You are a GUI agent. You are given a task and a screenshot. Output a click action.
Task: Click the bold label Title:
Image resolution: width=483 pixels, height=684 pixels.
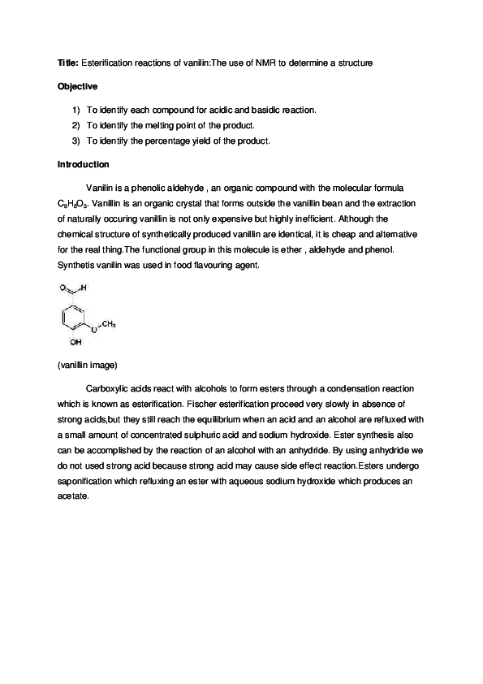pos(68,62)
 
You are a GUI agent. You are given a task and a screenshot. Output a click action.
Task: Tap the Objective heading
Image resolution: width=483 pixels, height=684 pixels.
pos(78,85)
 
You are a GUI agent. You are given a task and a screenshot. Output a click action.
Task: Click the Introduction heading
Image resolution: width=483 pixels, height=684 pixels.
pos(83,164)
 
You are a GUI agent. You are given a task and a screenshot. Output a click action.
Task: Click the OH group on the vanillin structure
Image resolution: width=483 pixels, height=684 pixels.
pos(75,342)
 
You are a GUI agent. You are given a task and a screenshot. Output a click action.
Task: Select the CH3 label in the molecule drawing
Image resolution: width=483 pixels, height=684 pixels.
pos(108,324)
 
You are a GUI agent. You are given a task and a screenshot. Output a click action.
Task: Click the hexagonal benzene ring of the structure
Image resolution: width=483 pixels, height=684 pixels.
pos(75,318)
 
